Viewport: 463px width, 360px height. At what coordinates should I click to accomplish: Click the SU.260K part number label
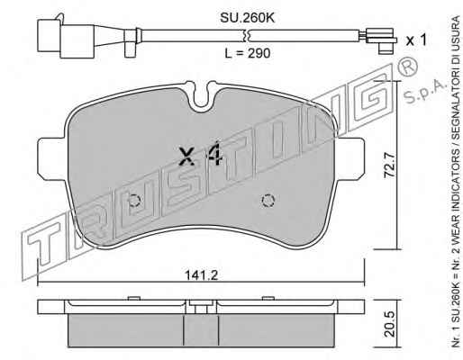(248, 18)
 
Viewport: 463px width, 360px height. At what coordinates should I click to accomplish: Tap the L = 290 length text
(248, 53)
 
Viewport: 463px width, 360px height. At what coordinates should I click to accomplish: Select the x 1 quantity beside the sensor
(416, 40)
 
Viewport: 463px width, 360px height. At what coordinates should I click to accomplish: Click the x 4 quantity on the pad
(201, 155)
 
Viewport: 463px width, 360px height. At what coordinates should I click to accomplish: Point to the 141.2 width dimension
(201, 275)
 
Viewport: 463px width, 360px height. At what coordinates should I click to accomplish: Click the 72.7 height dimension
(390, 166)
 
